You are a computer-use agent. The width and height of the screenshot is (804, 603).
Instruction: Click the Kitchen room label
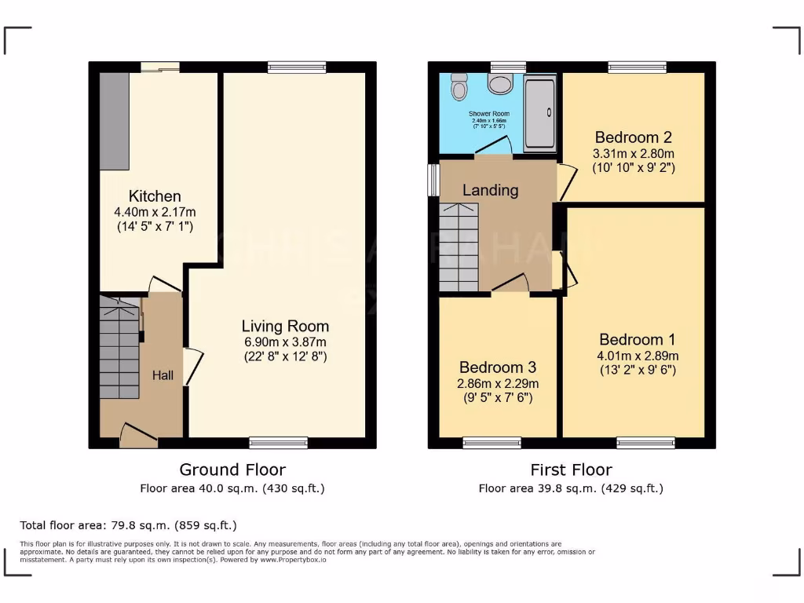tap(155, 196)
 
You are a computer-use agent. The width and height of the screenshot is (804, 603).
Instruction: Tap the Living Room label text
tap(285, 326)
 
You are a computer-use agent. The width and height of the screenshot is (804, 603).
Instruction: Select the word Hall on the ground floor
tap(163, 376)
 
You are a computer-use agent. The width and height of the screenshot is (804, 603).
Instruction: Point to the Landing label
tap(490, 190)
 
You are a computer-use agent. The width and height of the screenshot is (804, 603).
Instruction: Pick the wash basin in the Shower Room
tap(499, 83)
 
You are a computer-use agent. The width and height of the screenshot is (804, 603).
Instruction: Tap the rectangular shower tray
tap(539, 112)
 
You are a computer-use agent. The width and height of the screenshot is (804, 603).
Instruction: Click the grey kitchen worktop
tap(114, 121)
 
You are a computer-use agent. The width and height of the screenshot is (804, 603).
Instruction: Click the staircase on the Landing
tap(459, 247)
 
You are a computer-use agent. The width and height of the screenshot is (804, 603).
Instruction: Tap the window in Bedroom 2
tap(637, 68)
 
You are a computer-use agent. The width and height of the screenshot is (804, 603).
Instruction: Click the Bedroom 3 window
tap(492, 443)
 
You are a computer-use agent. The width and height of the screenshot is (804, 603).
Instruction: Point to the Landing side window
tap(433, 179)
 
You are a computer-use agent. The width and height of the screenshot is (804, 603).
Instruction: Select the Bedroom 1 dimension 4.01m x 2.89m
tap(637, 356)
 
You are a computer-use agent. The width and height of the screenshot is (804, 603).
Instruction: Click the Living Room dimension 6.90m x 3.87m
tap(284, 342)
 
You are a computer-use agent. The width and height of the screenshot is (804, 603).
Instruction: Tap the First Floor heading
tap(571, 470)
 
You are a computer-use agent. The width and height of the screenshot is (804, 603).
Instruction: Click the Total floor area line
tap(128, 525)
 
